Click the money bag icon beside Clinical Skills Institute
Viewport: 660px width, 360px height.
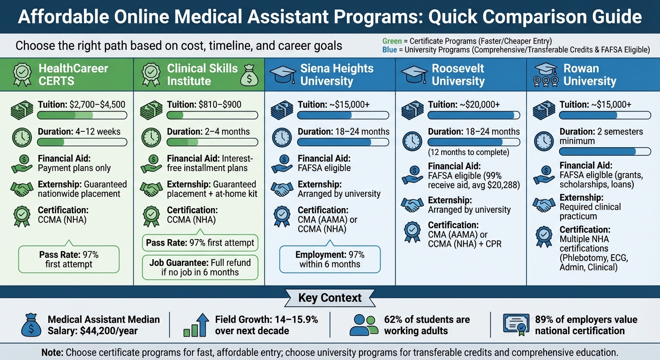[x=249, y=75]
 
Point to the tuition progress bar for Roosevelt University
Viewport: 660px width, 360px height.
[x=474, y=115]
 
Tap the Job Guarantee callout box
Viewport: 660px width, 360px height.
[x=200, y=267]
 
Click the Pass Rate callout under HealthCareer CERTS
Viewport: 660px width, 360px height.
[x=68, y=260]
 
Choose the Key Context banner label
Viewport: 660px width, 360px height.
[x=330, y=298]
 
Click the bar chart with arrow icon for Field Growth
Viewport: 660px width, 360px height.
[x=196, y=325]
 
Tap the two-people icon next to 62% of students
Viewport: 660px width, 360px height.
[x=363, y=325]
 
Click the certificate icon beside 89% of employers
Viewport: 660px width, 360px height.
[x=515, y=325]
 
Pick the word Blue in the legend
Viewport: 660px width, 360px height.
[x=390, y=50]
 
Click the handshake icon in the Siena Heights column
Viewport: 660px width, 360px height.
[x=282, y=189]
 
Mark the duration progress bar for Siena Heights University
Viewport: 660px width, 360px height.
[x=344, y=142]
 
